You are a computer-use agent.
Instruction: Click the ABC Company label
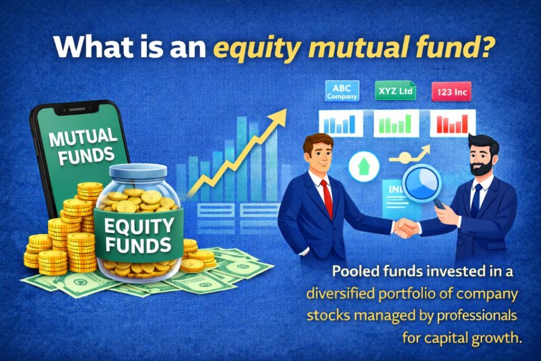click(342, 91)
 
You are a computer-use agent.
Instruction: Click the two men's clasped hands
click(406, 228)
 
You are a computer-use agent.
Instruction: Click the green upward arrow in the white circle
click(364, 167)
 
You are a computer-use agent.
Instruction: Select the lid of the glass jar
click(137, 172)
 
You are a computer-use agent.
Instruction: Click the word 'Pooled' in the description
click(353, 273)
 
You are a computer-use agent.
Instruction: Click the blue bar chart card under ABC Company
click(340, 123)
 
